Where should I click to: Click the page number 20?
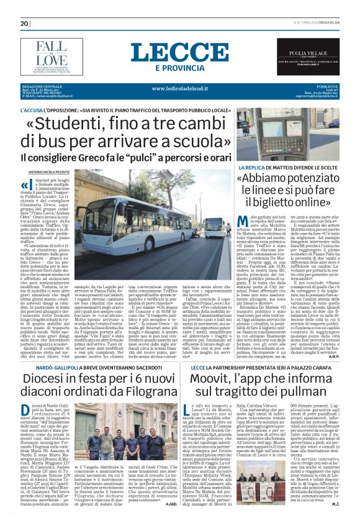[x=25, y=24]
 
